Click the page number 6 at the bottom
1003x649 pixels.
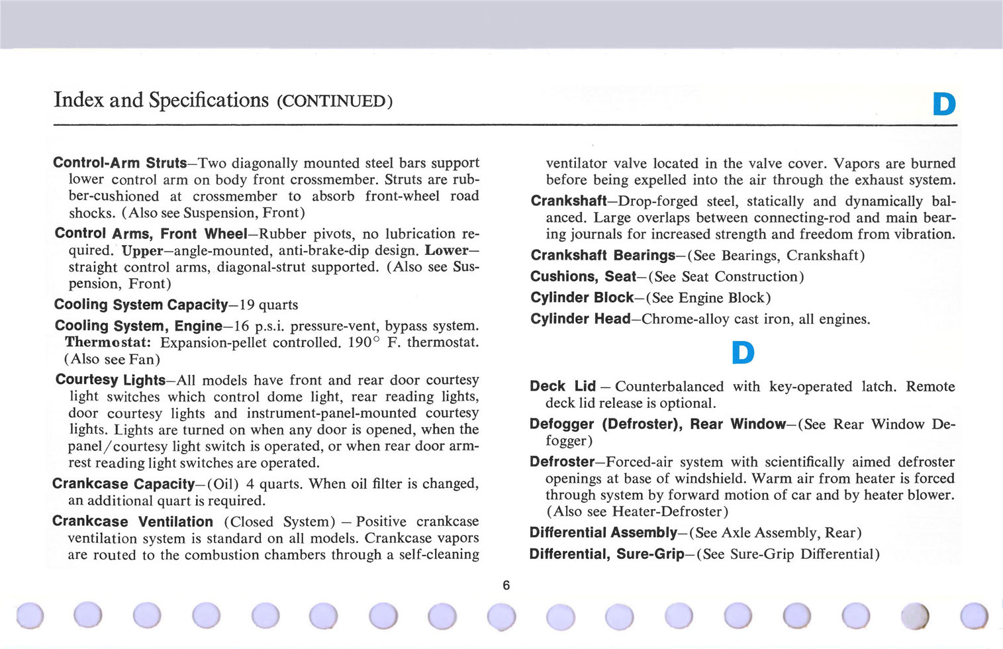(506, 585)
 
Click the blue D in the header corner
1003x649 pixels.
(944, 104)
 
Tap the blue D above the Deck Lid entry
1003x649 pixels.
(743, 352)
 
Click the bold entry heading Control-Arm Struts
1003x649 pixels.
(120, 163)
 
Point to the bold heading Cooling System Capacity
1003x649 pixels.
(141, 305)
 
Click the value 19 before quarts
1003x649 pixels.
(247, 305)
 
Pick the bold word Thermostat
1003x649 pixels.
(108, 342)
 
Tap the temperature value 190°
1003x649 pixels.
(363, 342)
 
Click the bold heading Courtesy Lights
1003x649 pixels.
(111, 380)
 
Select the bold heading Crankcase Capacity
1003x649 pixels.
(124, 484)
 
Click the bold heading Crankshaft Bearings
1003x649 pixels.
(602, 256)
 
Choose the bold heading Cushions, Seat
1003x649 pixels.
(583, 277)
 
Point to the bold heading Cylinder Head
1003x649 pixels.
(580, 319)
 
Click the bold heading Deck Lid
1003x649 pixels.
(563, 387)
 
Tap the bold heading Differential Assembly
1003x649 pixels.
(603, 533)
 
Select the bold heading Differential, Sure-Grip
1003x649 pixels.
(606, 554)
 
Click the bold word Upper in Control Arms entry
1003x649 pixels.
(142, 251)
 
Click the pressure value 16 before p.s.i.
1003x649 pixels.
(242, 326)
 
